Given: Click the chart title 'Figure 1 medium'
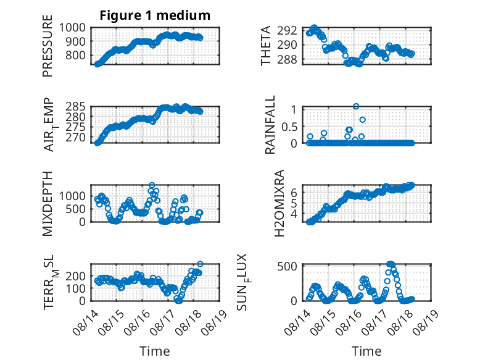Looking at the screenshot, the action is pos(155,15).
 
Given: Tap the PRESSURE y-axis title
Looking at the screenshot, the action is pos(48,46).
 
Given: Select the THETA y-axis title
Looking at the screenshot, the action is pos(266,46).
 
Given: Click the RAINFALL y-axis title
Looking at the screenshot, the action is pos(270,125).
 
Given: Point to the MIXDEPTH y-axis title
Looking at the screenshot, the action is pos(48,203).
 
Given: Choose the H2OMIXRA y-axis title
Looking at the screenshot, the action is pos(279,203).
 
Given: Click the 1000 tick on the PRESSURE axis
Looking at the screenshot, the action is pos(72,28).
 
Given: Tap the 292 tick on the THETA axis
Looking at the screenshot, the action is pos(287,30).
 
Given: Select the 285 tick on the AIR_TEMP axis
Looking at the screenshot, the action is pos(75,107).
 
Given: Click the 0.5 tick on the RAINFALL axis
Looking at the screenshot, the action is pos(289,127).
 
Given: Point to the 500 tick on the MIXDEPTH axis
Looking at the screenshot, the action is pos(76,209).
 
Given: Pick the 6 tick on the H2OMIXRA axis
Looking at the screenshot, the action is pos(294,193).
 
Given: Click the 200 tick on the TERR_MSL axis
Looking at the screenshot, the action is pos(76,276).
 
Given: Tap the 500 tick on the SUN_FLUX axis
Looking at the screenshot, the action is pos(287,266).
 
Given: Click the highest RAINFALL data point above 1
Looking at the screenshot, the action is pos(356,106).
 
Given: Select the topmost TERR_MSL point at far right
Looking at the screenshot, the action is pos(200,264).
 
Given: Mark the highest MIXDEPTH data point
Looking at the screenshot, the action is pos(152,185).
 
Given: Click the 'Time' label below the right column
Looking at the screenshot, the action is pos(366,351).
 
